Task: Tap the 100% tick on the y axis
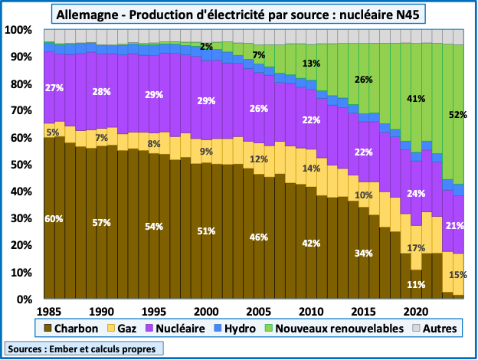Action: [x=18, y=30]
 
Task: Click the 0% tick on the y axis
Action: [x=24, y=299]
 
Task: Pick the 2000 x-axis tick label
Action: [x=205, y=312]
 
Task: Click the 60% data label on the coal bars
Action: [x=54, y=218]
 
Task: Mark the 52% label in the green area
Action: [x=458, y=115]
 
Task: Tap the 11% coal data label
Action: [x=416, y=284]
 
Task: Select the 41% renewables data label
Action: [x=416, y=99]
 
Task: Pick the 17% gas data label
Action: [x=416, y=248]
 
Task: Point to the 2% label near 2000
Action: [x=206, y=47]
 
